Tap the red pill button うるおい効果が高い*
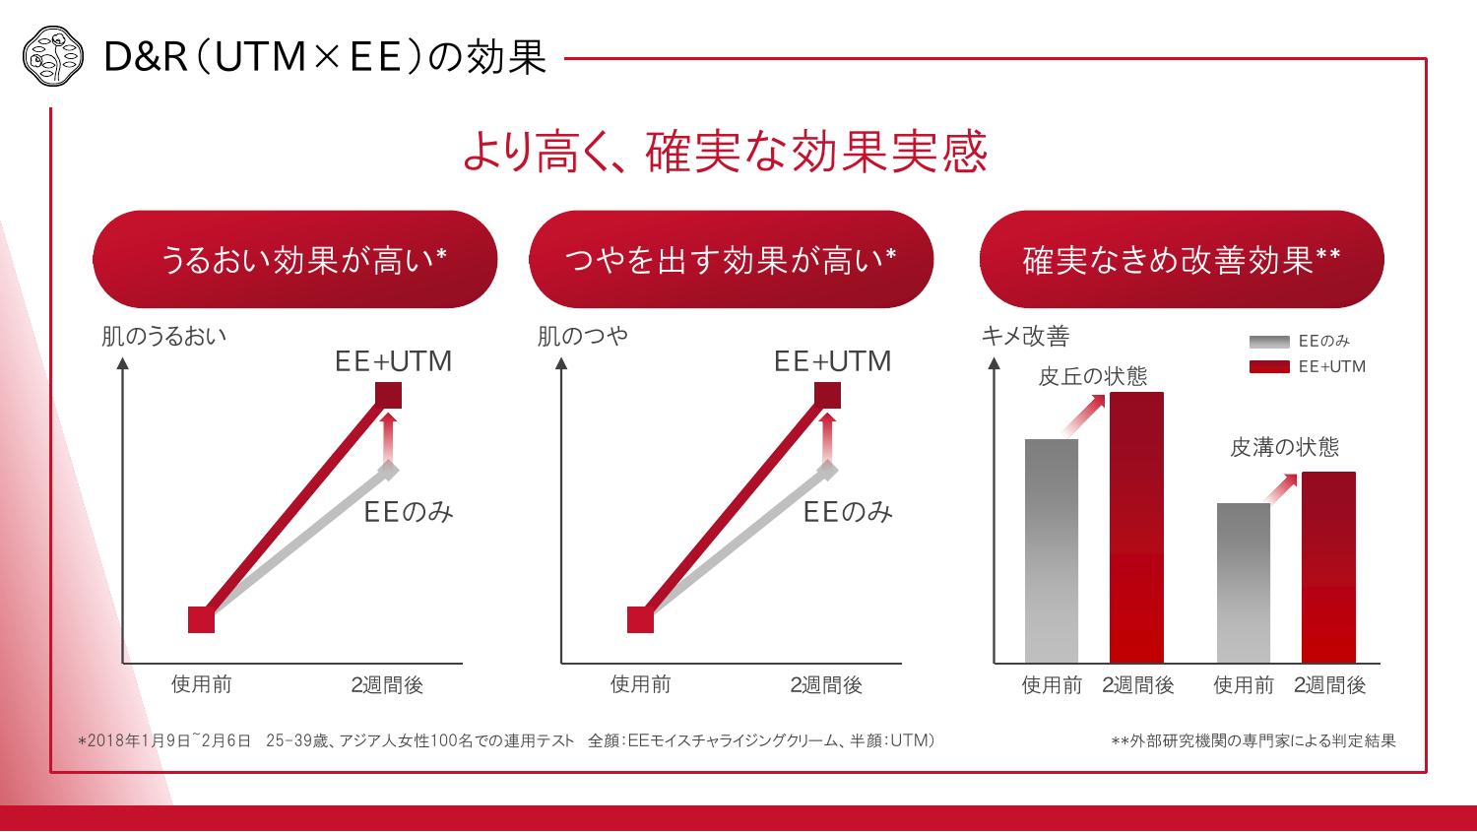294,260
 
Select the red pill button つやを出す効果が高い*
731,260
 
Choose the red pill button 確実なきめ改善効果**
1181,260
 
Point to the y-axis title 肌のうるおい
163,336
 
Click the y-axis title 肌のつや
582,336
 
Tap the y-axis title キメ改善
1025,336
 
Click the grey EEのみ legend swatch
1268,342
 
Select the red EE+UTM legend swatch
1268,367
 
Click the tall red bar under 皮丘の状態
1136,527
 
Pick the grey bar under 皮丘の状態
1052,550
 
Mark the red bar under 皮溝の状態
1328,567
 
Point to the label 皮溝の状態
1284,447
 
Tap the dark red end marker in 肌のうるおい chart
389,396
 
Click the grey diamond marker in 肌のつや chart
827,470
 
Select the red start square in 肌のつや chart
640,619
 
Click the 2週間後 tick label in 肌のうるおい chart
387,684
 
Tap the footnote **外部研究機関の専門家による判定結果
1252,740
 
